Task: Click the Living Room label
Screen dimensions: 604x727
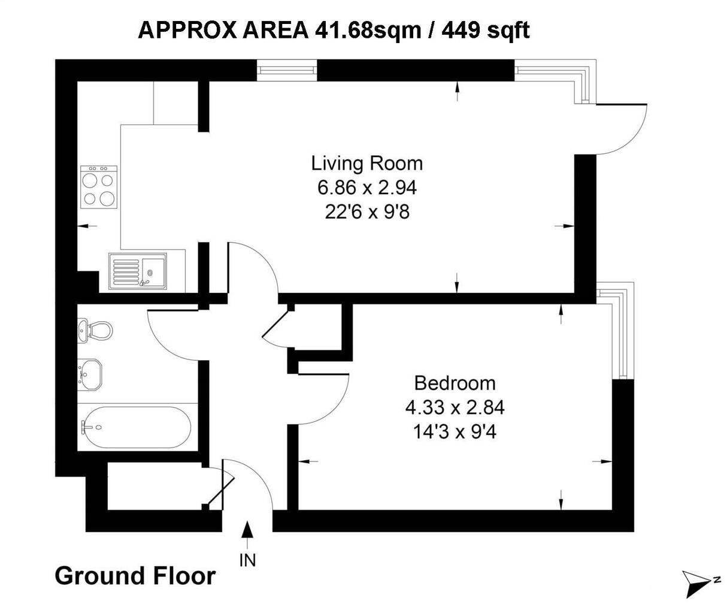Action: [366, 163]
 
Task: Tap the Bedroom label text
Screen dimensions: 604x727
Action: [455, 382]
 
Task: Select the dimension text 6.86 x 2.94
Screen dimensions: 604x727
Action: [366, 188]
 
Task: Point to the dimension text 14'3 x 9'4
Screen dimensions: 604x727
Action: [455, 431]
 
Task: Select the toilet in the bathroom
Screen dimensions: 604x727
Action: [96, 330]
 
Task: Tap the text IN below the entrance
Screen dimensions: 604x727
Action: [247, 560]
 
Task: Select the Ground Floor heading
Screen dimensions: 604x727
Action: [135, 576]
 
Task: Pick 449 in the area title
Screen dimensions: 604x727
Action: [461, 29]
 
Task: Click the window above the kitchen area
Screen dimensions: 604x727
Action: [287, 70]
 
